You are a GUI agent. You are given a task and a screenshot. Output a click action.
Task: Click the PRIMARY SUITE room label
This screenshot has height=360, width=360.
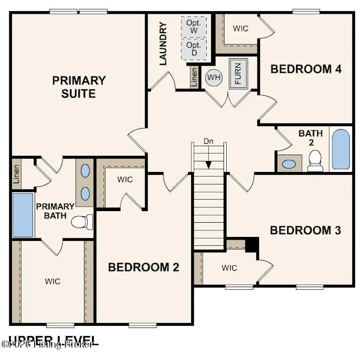click(79, 87)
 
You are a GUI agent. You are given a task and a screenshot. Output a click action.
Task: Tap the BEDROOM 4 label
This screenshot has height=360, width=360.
click(306, 69)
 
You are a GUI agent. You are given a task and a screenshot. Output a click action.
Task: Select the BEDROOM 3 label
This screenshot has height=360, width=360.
click(305, 230)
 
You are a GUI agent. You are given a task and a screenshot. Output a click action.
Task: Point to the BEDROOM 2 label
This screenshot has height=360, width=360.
click(144, 267)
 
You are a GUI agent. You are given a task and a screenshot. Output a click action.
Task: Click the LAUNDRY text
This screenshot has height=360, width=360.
click(163, 44)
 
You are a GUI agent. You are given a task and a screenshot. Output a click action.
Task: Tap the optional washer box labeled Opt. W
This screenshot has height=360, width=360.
click(194, 27)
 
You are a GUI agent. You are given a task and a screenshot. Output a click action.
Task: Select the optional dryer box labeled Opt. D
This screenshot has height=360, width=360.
click(194, 49)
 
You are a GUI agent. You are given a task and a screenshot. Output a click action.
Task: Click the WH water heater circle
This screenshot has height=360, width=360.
click(214, 78)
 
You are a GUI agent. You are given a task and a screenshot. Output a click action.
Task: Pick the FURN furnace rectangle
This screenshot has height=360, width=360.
click(238, 73)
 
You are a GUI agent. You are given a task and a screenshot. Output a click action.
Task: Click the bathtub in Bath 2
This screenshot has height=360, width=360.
click(341, 149)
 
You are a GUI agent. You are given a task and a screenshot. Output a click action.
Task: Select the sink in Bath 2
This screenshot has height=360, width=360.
click(289, 164)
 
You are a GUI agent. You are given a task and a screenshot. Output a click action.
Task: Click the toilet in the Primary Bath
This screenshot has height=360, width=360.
click(83, 221)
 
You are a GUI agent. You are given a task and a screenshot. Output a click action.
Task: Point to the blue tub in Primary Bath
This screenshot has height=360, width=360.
click(23, 215)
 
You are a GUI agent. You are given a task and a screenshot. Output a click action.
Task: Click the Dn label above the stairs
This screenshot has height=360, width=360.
click(208, 141)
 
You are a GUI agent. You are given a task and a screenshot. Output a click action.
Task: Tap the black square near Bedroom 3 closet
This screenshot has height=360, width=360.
click(252, 244)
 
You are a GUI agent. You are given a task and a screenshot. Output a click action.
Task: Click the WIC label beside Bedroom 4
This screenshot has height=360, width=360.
click(240, 28)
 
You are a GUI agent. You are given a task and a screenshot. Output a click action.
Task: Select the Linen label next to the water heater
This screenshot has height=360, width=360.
click(194, 78)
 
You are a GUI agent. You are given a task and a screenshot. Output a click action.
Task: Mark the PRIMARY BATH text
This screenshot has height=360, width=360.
click(55, 211)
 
